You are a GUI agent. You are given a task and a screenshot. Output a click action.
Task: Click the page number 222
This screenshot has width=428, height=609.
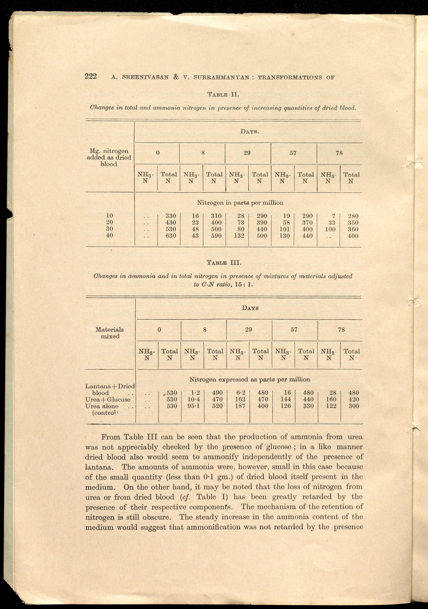coord(91,76)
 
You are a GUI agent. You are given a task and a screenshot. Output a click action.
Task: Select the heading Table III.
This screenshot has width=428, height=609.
coord(224,263)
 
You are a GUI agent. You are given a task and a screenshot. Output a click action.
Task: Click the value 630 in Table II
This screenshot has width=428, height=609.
coord(170,235)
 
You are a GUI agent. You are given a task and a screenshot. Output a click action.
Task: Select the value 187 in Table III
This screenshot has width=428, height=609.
coord(240,406)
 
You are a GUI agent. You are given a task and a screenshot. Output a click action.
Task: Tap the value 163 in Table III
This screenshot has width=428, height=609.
coord(240,399)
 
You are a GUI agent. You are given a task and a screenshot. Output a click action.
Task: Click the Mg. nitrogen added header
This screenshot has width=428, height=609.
coord(109,158)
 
